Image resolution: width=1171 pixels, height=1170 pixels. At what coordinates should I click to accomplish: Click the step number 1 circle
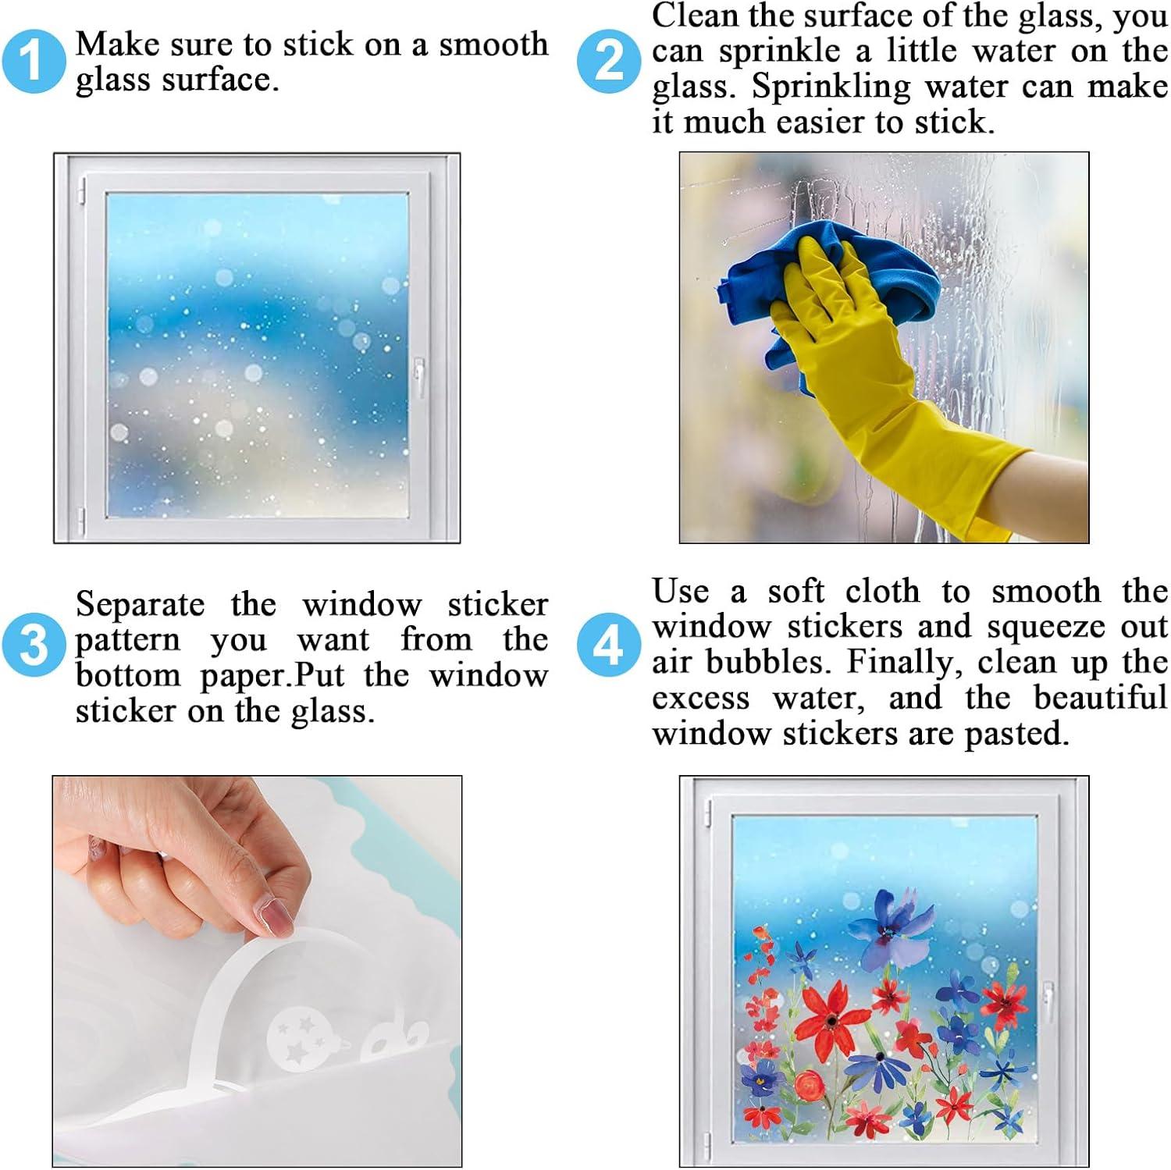pyautogui.click(x=33, y=61)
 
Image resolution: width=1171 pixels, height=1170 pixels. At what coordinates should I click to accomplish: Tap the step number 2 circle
pyautogui.click(x=609, y=61)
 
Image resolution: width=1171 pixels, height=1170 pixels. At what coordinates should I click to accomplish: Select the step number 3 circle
pyautogui.click(x=33, y=645)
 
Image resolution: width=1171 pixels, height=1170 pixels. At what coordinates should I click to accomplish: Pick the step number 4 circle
pyautogui.click(x=609, y=645)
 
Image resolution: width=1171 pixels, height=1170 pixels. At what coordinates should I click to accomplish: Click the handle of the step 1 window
pyautogui.click(x=419, y=375)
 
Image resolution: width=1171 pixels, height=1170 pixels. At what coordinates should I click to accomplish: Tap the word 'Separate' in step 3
pyautogui.click(x=140, y=604)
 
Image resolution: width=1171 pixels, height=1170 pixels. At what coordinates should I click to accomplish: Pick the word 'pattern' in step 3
pyautogui.click(x=127, y=641)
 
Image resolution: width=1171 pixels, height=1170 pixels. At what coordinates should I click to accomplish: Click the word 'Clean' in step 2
pyautogui.click(x=694, y=16)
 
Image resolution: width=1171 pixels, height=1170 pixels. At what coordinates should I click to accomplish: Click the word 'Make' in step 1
pyautogui.click(x=115, y=44)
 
